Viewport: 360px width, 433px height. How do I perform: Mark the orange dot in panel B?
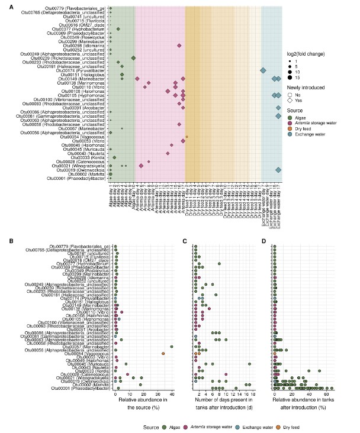coord(163,337)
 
